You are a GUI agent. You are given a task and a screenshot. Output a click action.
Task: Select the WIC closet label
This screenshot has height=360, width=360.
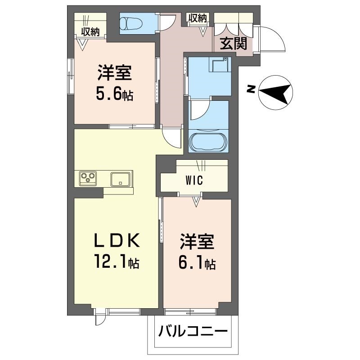[194, 181]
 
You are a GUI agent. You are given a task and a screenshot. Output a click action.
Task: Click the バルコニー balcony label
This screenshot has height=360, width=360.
[192, 333]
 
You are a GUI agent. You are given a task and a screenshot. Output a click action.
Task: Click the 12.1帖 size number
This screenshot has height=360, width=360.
[116, 261]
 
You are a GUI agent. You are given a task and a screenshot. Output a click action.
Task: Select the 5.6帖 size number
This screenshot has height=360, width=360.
[114, 94]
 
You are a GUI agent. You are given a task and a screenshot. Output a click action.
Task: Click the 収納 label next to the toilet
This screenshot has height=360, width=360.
[197, 18]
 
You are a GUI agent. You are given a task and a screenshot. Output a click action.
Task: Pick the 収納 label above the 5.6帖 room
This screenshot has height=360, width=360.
[90, 31]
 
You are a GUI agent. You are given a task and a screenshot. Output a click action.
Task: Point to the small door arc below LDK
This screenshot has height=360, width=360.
[99, 319]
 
